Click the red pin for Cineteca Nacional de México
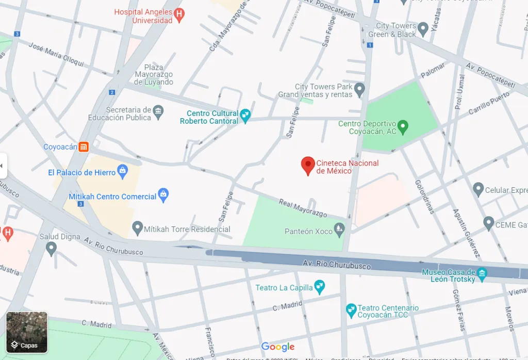click(x=308, y=166)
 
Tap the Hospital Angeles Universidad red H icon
click(x=179, y=15)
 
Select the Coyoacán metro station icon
click(x=84, y=147)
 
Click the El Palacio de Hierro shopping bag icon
click(x=123, y=172)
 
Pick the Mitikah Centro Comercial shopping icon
click(x=163, y=195)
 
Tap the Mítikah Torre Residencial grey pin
click(x=137, y=227)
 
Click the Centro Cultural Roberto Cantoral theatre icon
click(x=245, y=116)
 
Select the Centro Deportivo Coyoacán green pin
click(x=403, y=126)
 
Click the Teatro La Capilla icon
click(x=320, y=286)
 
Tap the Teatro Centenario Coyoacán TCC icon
click(x=351, y=309)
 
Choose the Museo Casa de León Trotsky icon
click(x=482, y=274)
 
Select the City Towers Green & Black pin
click(x=423, y=28)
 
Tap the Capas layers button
click(x=27, y=332)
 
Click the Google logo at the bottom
click(x=277, y=347)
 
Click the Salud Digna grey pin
click(x=51, y=248)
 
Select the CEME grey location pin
click(x=488, y=223)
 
